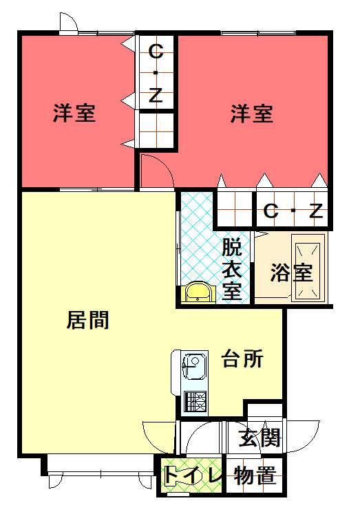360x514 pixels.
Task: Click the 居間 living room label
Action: tap(87, 320)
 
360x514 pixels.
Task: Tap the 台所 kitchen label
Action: tap(242, 358)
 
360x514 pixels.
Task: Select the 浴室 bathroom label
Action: tap(291, 272)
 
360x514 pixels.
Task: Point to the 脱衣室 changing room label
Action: tap(232, 269)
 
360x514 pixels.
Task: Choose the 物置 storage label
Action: tap(255, 475)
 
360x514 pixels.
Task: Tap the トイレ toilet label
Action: tap(192, 474)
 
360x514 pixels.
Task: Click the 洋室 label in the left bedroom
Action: tap(74, 113)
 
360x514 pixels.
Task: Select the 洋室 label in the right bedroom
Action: tap(252, 114)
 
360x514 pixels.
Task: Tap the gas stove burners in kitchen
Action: tap(195, 401)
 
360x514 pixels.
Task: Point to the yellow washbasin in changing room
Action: tap(198, 292)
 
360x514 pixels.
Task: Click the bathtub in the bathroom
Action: tap(308, 271)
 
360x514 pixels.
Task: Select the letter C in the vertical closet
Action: tap(156, 52)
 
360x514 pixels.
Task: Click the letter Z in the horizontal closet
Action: tap(317, 211)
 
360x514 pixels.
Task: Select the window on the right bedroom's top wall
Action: tap(258, 33)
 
